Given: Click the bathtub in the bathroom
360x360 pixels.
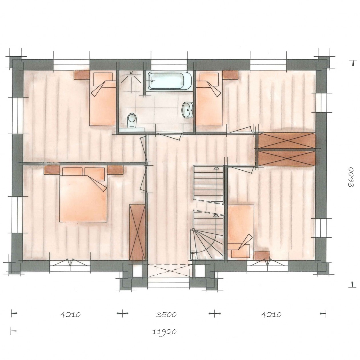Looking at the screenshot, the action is [x=170, y=81].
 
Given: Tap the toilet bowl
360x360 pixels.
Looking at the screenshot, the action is [x=132, y=121].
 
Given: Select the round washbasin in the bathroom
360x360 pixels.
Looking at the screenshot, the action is [x=187, y=110].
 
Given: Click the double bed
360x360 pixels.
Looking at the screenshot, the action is [x=83, y=195].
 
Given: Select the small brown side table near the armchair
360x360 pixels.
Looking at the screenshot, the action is [x=261, y=255].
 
